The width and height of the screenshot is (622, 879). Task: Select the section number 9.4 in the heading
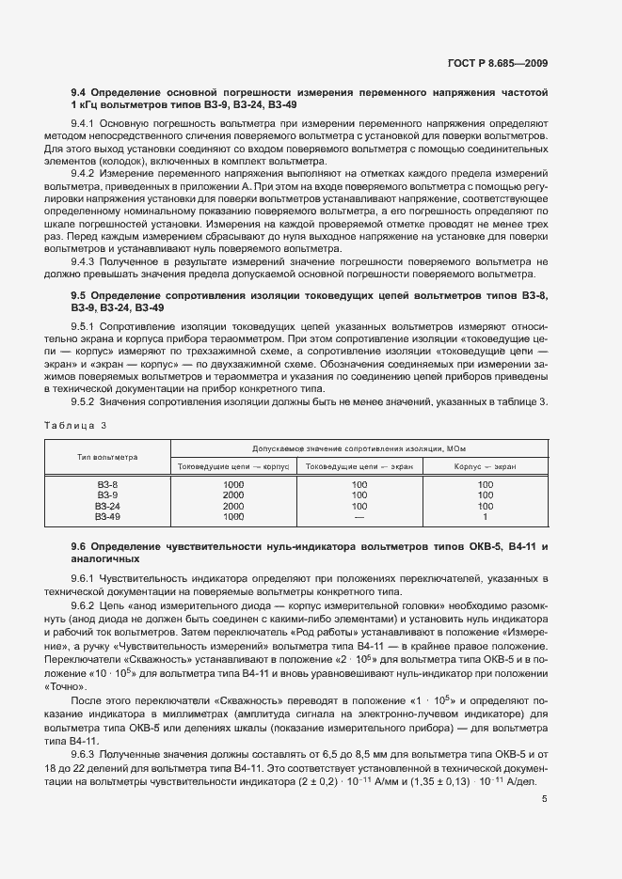[79, 92]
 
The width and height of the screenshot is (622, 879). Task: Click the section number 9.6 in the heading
[79, 546]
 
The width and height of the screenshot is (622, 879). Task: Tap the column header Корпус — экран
[485, 466]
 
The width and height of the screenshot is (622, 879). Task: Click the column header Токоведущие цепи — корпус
[232, 466]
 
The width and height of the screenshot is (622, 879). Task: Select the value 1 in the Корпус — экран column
[485, 516]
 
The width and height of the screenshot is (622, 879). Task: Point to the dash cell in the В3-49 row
[359, 516]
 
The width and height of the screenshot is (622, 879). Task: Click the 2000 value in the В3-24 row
[232, 505]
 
